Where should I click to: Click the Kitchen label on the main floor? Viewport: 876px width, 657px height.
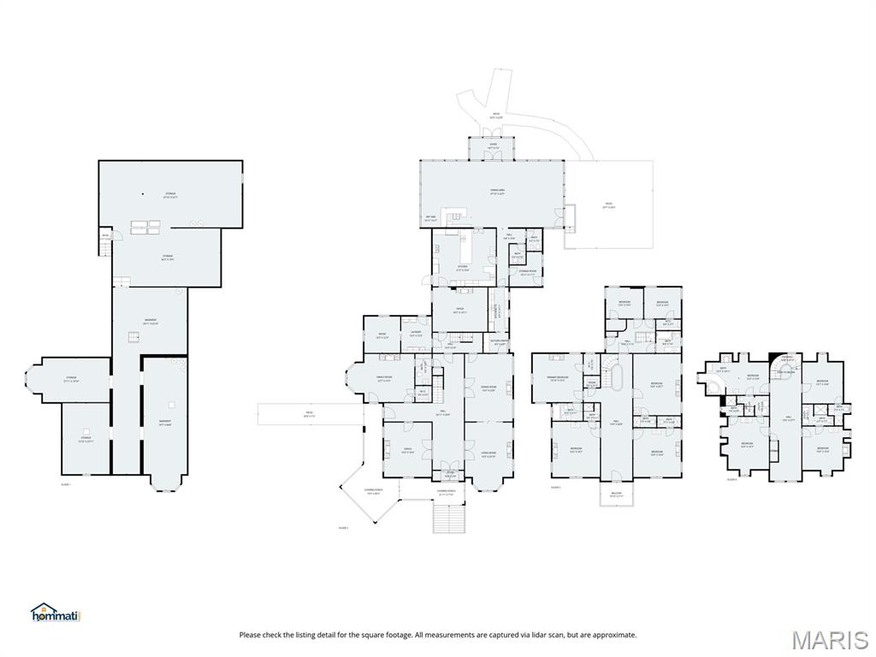(x=462, y=267)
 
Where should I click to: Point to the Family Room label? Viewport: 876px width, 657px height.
(x=383, y=379)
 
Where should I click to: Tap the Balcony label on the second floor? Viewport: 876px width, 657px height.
(x=616, y=494)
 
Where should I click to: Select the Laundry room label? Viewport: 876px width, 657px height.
(x=416, y=334)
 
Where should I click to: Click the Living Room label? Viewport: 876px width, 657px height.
(x=488, y=454)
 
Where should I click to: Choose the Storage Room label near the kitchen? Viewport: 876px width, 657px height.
(x=528, y=274)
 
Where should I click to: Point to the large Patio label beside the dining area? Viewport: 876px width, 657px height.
(x=609, y=206)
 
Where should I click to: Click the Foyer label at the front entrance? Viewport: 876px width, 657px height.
(x=450, y=473)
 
